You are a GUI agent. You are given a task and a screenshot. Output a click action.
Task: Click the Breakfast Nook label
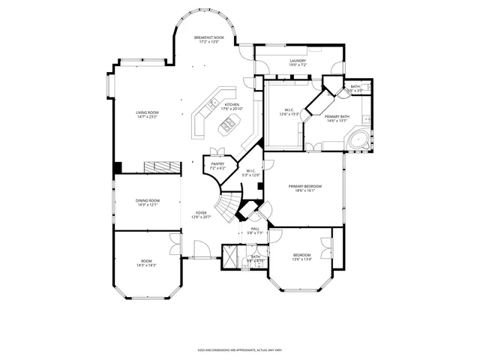(x=209, y=39)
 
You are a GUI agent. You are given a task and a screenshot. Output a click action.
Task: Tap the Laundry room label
(x=298, y=63)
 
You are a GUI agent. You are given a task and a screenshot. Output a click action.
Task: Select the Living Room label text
(x=147, y=115)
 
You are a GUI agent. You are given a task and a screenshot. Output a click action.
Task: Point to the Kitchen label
(x=232, y=106)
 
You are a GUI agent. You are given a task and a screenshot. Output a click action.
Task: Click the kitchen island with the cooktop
(x=226, y=127)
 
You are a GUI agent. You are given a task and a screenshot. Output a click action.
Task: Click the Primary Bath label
(x=337, y=118)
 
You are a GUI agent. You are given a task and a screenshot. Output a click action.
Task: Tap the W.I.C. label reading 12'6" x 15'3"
(x=289, y=113)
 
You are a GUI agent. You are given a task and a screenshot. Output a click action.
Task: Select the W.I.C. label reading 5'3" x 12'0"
(x=253, y=172)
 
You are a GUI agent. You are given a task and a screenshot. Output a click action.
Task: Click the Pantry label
(x=217, y=166)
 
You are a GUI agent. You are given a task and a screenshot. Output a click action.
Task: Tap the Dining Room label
(x=148, y=202)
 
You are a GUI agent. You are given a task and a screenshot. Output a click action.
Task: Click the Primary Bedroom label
(x=306, y=187)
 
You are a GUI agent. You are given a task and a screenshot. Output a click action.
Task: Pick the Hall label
(x=255, y=231)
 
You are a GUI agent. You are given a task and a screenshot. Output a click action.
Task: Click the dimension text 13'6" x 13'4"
(x=301, y=260)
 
